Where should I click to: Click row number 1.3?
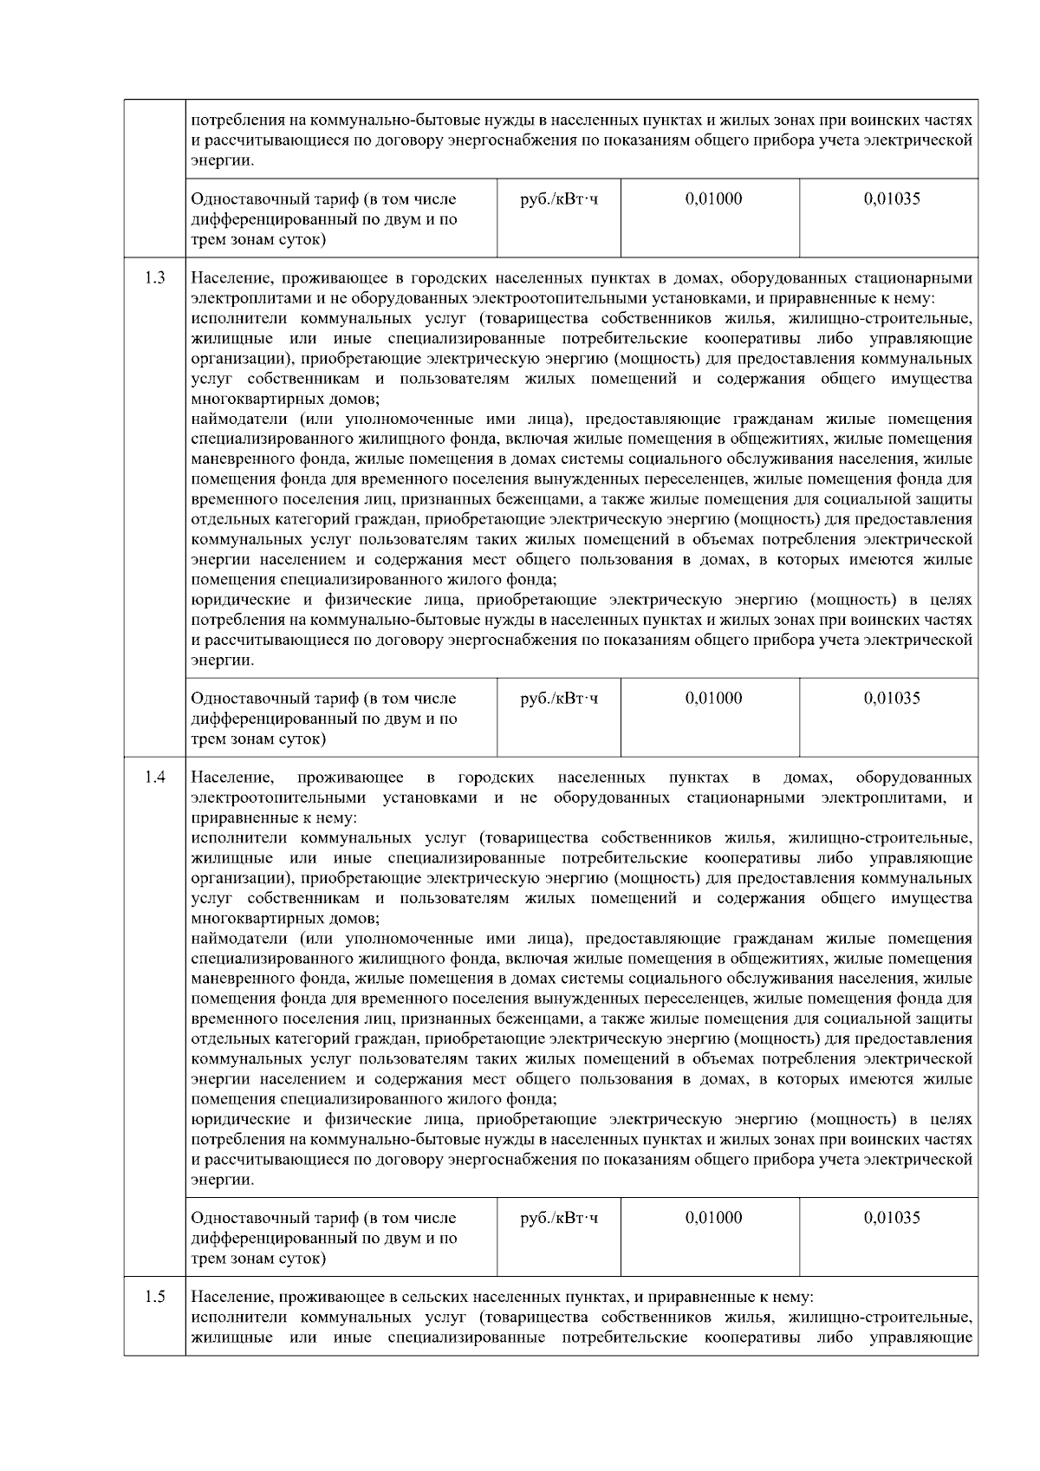point(155,278)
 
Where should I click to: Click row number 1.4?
point(155,777)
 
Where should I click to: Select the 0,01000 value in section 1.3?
point(713,699)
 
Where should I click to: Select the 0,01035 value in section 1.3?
point(892,699)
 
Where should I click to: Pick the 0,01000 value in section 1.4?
point(713,1218)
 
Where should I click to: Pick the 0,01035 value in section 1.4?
point(892,1218)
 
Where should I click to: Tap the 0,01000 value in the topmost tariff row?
point(713,199)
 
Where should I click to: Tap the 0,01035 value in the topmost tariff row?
point(892,199)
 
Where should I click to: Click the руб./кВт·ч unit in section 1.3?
point(559,699)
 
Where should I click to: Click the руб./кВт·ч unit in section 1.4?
point(559,1218)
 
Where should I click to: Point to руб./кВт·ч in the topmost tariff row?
point(559,199)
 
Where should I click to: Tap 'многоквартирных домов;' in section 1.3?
point(284,400)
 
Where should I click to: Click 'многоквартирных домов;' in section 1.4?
point(284,919)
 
